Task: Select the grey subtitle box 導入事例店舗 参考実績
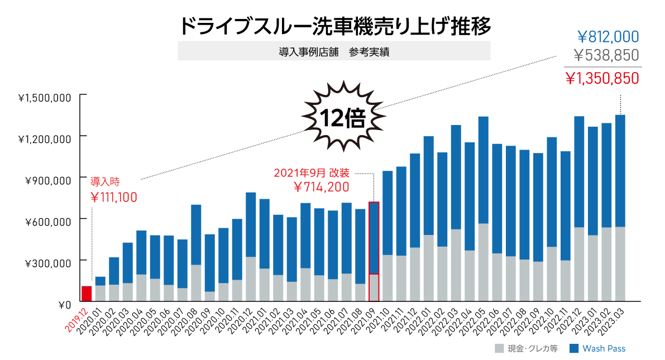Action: point(334,51)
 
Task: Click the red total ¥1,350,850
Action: point(602,78)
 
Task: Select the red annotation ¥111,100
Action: point(113,197)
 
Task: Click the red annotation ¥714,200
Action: point(321,187)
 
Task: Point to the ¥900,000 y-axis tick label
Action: point(47,180)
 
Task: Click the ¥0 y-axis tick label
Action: point(64,305)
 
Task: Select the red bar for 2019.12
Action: point(87,294)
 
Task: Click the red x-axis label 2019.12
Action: point(76,320)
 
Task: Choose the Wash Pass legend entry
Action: point(597,349)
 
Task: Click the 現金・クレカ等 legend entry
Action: point(525,349)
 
